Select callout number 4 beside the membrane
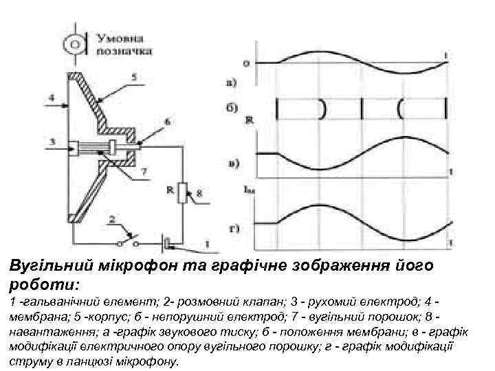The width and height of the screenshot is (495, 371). click(52, 98)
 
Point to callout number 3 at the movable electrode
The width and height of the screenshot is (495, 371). click(52, 142)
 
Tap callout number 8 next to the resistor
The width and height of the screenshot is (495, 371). click(199, 195)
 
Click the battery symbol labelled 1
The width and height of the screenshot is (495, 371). click(167, 243)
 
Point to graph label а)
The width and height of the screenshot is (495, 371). click(232, 85)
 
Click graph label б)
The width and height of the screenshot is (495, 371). click(232, 107)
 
